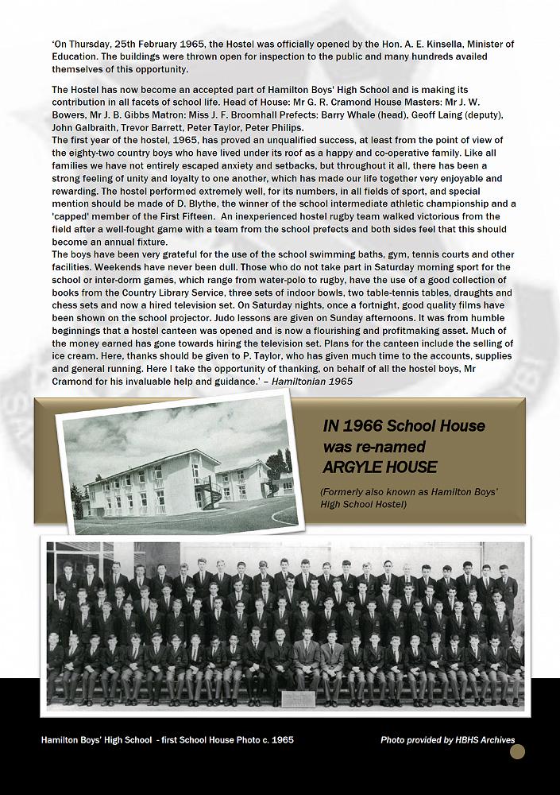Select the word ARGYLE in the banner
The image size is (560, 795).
tap(351, 466)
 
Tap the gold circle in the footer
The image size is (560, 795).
tap(517, 751)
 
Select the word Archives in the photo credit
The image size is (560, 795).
tap(492, 740)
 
